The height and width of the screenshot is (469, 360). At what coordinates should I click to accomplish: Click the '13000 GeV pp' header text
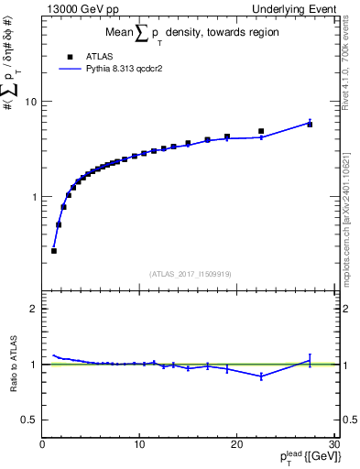pyautogui.click(x=80, y=8)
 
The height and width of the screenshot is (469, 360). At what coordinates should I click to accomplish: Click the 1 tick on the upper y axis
pyautogui.click(x=36, y=197)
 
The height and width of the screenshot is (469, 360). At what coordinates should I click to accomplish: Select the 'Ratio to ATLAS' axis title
pyautogui.click(x=12, y=365)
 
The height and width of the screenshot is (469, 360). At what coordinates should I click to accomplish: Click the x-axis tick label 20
pyautogui.click(x=236, y=444)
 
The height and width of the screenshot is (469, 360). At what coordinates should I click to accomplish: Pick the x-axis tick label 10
pyautogui.click(x=139, y=444)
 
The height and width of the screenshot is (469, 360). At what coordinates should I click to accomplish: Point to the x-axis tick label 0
pyautogui.click(x=43, y=444)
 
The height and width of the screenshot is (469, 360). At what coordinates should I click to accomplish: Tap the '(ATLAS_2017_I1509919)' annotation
pyautogui.click(x=191, y=273)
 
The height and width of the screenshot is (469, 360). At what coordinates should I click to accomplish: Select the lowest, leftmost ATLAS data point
pyautogui.click(x=54, y=250)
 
